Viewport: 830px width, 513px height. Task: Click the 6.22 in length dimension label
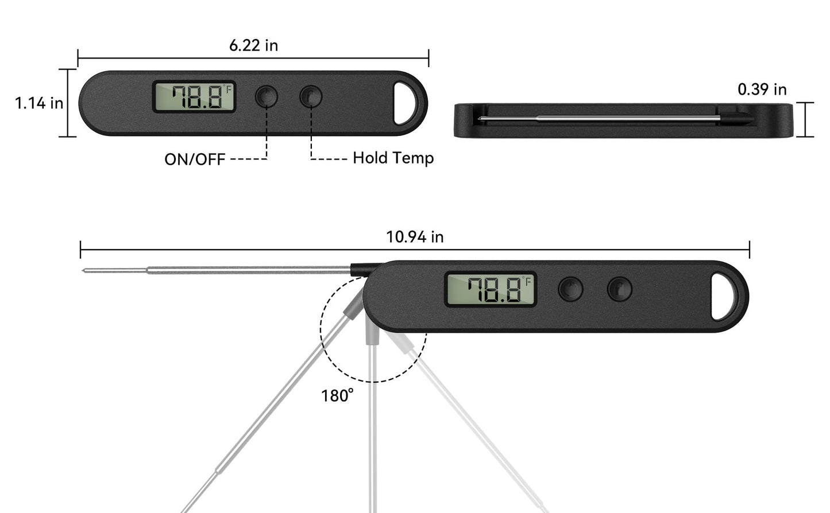tap(253, 45)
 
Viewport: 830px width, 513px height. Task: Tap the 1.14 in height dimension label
tap(38, 103)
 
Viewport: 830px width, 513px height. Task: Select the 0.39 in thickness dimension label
tap(762, 90)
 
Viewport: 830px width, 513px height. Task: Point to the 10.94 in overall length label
tap(414, 237)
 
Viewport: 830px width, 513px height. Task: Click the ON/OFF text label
tap(195, 160)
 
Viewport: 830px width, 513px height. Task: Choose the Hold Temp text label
tap(393, 158)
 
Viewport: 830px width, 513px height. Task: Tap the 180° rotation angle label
tap(337, 396)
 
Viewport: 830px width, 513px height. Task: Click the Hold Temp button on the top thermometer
tap(311, 97)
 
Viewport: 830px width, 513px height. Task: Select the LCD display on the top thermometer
tap(194, 97)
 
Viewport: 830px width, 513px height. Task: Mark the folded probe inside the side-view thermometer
tap(597, 119)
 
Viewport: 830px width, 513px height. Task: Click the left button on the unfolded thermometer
tap(570, 289)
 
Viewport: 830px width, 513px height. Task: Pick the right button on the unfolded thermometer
tap(620, 289)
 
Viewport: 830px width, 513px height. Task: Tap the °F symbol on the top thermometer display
tap(228, 89)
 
